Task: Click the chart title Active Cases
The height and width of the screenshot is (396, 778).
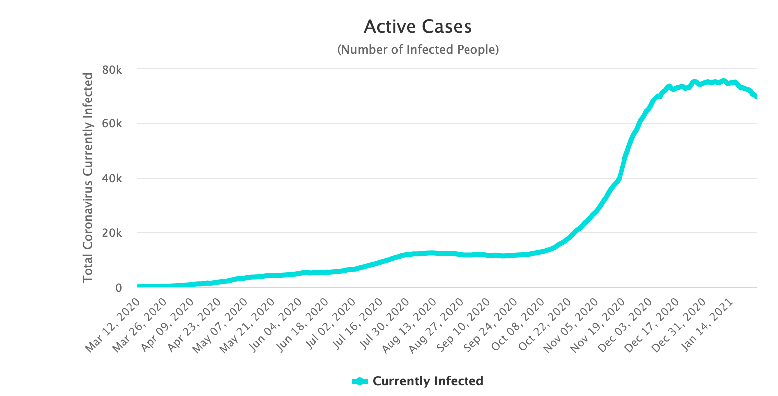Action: (417, 27)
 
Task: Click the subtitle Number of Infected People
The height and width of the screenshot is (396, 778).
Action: (417, 50)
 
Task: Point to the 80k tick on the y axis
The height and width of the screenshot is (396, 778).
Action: (112, 70)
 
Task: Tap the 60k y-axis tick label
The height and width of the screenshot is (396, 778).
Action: (112, 124)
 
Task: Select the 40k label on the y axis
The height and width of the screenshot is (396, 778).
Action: (112, 179)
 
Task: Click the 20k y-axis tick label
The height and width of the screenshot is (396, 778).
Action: (112, 233)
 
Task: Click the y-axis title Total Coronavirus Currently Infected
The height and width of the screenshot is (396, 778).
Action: (88, 178)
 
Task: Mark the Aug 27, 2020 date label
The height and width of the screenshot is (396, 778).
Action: (440, 326)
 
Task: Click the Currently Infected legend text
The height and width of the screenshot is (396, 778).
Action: (428, 381)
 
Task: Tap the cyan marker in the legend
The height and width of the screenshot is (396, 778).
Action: (360, 381)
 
